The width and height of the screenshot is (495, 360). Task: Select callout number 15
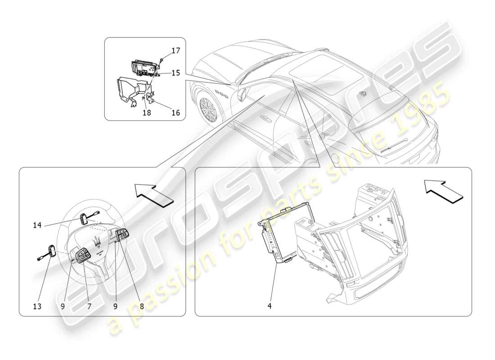[175, 72]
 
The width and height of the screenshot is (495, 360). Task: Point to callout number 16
[175, 112]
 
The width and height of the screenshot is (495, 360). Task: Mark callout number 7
[89, 306]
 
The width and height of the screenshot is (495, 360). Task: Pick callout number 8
[142, 306]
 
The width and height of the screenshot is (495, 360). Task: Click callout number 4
[270, 306]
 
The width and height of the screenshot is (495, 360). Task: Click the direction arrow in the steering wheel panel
[153, 194]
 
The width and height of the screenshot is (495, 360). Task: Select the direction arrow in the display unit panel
[442, 190]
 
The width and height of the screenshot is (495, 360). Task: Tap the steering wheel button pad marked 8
[122, 234]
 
